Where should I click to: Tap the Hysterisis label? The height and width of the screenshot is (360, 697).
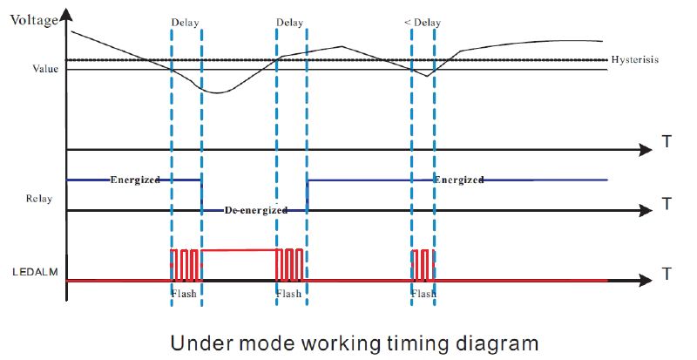click(634, 60)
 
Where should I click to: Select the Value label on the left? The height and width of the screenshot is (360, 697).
click(44, 69)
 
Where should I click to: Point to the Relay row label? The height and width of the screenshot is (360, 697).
click(40, 199)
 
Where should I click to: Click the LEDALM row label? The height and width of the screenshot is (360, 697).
click(34, 272)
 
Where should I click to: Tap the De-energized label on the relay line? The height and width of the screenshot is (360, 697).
click(256, 210)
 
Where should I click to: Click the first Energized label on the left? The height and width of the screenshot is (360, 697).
click(135, 180)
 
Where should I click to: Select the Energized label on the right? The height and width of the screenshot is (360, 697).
click(458, 180)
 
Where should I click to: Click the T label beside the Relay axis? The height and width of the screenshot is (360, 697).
click(667, 204)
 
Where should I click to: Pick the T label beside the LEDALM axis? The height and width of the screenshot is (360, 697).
click(667, 275)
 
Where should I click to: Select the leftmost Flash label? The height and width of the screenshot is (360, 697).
click(185, 294)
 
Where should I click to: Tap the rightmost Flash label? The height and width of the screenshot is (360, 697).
click(423, 294)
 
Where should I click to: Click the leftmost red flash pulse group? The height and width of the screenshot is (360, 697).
click(185, 263)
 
